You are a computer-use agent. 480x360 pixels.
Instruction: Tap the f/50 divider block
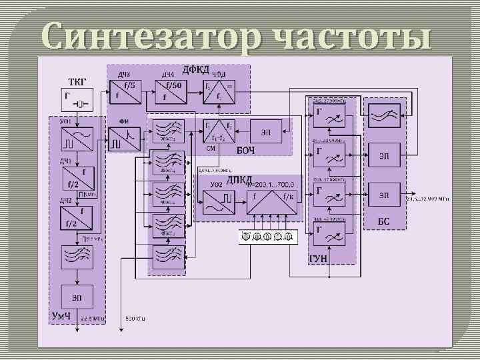tap(172, 91)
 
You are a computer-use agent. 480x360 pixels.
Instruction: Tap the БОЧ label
tap(245, 149)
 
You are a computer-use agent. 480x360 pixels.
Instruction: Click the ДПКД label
tap(239, 179)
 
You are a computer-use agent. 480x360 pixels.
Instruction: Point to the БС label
tap(383, 220)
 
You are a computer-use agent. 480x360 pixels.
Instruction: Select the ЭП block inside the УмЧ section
tap(77, 297)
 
